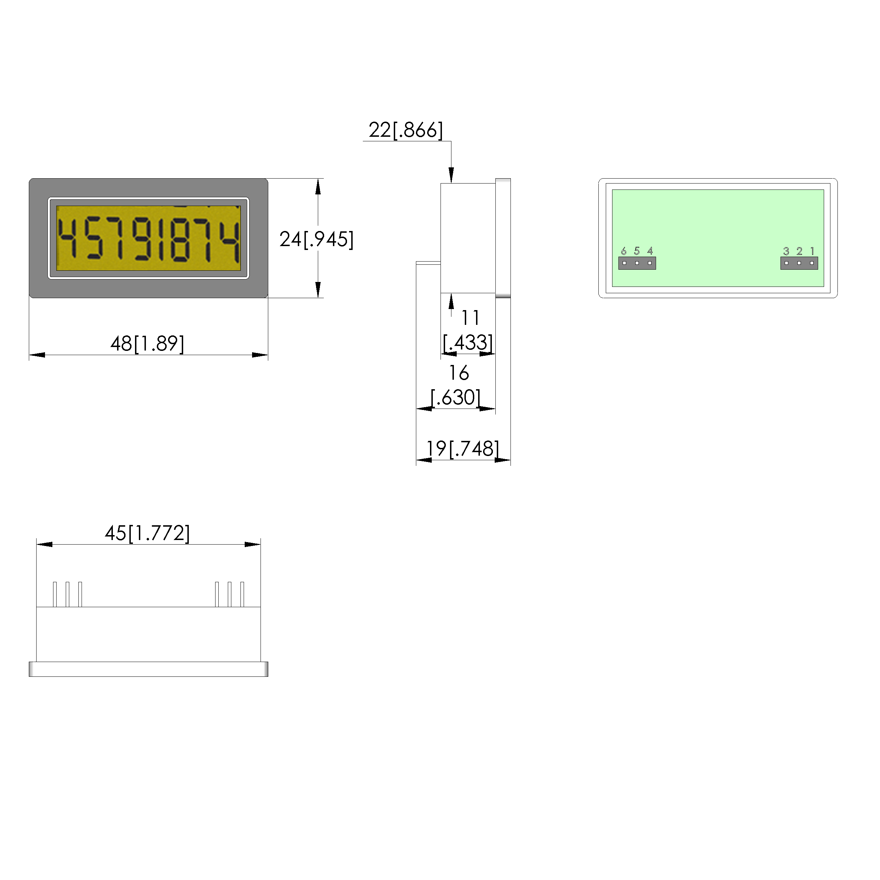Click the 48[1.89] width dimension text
coord(147,344)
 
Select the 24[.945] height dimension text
coord(316,239)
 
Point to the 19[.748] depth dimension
coord(462,449)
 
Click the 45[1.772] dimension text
coord(147,533)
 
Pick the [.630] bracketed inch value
coord(455,398)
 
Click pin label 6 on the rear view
coord(624,251)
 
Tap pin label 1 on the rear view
coord(812,251)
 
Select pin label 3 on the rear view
coord(786,251)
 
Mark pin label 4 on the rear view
coord(650,251)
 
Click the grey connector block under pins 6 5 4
coord(637,263)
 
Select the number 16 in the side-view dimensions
coord(459,373)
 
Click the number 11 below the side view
coord(470,318)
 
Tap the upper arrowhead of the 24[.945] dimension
coord(318,186)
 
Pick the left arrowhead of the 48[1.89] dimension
coord(37,355)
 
